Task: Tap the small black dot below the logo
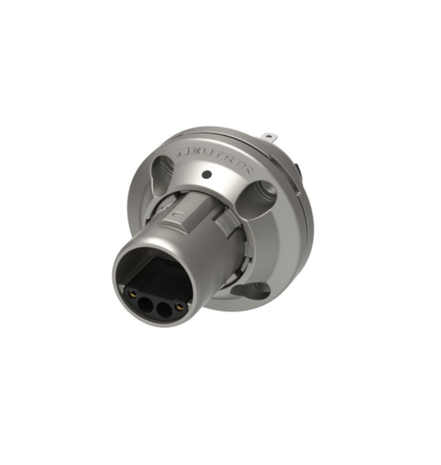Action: [207, 175]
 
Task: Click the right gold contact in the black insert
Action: [179, 307]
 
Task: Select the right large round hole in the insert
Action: [165, 309]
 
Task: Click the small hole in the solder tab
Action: [268, 136]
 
